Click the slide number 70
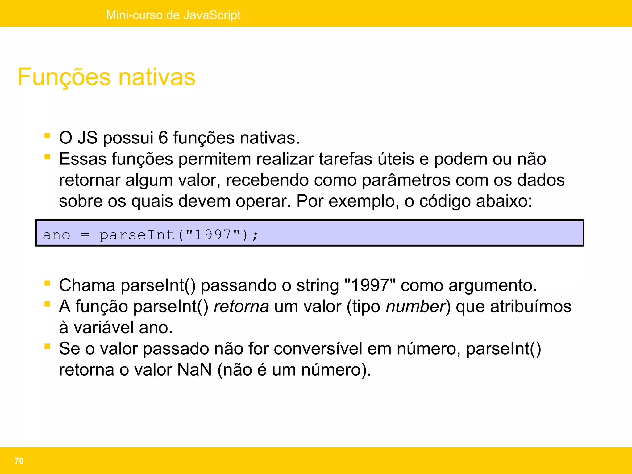(x=19, y=461)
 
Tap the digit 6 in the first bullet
(x=163, y=138)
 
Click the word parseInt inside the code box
(x=136, y=235)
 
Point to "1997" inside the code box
(x=213, y=235)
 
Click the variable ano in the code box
(x=56, y=235)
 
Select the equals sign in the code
(x=85, y=235)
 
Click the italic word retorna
(x=241, y=306)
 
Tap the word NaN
(x=194, y=370)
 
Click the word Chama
(x=87, y=285)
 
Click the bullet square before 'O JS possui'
(x=47, y=135)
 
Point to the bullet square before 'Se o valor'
(x=47, y=346)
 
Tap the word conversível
(x=318, y=349)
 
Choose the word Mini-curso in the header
(x=133, y=15)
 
